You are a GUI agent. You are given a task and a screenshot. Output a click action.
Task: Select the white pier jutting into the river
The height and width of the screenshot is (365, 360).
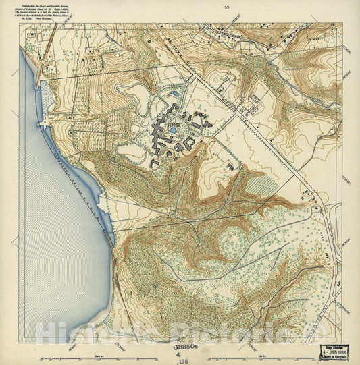click(x=43, y=125)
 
